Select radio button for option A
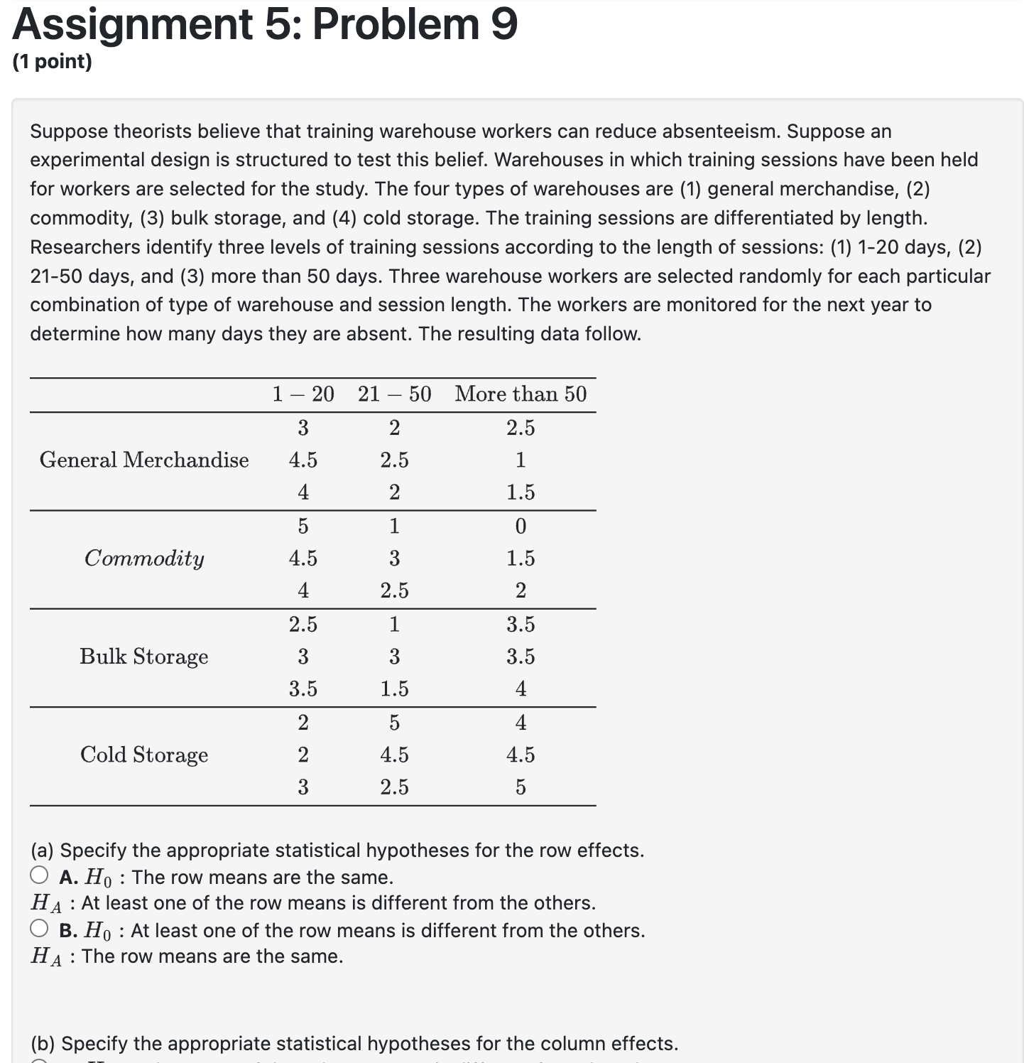[x=40, y=875]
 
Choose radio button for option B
[x=40, y=928]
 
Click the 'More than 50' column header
[x=521, y=394]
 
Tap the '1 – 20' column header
[x=303, y=394]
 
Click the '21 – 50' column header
[x=394, y=394]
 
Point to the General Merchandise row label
[x=144, y=460]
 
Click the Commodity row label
[x=144, y=559]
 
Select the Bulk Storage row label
[x=144, y=657]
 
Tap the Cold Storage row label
[x=144, y=755]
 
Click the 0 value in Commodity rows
[x=521, y=527]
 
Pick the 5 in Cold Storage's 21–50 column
[x=394, y=723]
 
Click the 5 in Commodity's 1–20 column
[x=303, y=527]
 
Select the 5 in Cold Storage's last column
[x=521, y=787]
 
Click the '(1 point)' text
[x=53, y=62]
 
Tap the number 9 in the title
[x=503, y=24]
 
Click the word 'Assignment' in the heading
[x=132, y=24]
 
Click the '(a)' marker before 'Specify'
[x=43, y=851]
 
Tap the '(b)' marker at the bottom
[x=43, y=1044]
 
